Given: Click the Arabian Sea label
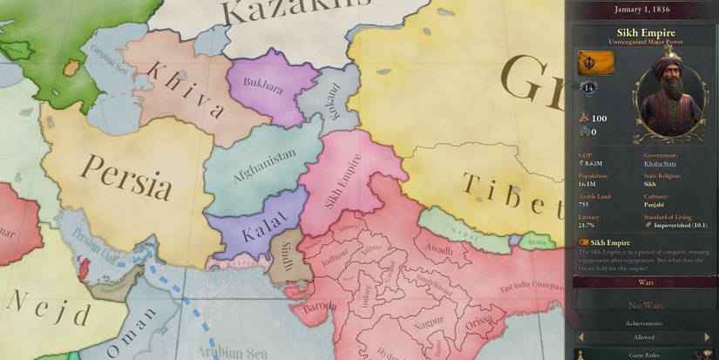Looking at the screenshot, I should click(232, 350).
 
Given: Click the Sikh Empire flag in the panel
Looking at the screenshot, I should click(596, 64).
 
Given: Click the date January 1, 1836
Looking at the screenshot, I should click(642, 10).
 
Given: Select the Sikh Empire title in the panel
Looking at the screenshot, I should click(641, 32).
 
